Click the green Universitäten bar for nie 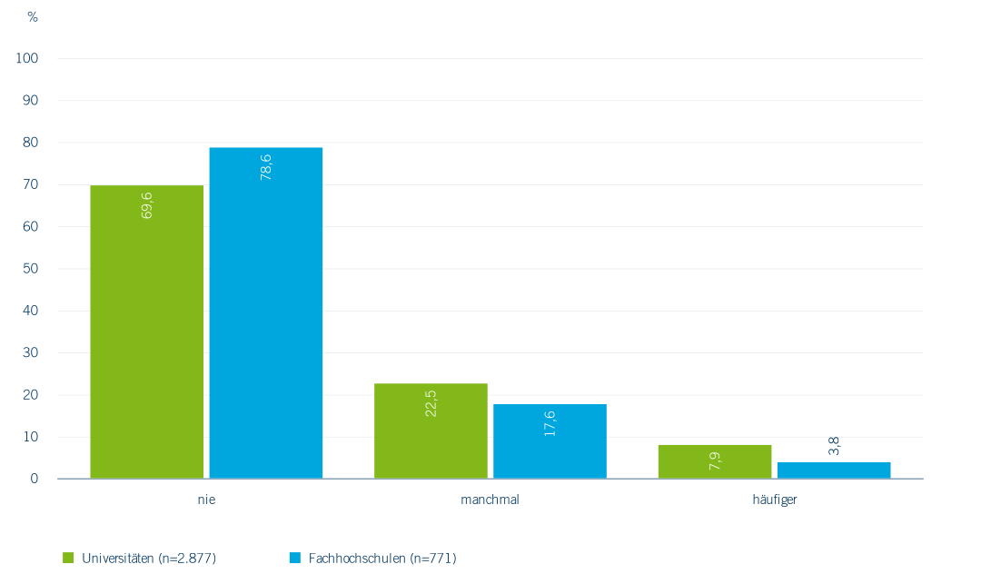[x=146, y=332]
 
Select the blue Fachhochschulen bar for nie [x=265, y=312]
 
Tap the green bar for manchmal [x=431, y=430]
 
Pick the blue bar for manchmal [x=550, y=441]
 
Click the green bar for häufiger [x=714, y=461]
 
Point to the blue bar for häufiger [x=833, y=470]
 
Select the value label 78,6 [x=266, y=167]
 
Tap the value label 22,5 [x=431, y=402]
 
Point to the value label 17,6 [x=550, y=422]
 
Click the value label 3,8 [x=834, y=446]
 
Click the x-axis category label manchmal [x=490, y=500]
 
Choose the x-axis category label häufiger [x=774, y=500]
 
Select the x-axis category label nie [x=206, y=500]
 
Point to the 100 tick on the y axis [x=27, y=59]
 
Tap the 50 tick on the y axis [x=31, y=269]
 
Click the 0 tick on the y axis [x=35, y=479]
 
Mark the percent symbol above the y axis [x=33, y=17]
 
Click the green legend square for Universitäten [x=67, y=558]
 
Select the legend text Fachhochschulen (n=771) [x=381, y=558]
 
